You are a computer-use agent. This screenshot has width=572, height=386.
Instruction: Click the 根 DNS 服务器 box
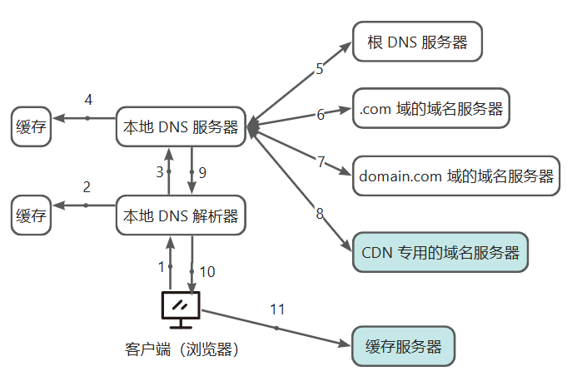pyautogui.click(x=418, y=42)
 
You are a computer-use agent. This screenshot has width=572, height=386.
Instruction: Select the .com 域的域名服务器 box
pyautogui.click(x=430, y=108)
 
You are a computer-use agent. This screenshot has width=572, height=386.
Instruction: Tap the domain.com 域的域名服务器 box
pyautogui.click(x=456, y=176)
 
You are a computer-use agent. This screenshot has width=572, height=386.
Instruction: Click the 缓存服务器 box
pyautogui.click(x=404, y=346)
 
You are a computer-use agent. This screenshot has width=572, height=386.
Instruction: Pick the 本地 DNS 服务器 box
pyautogui.click(x=181, y=127)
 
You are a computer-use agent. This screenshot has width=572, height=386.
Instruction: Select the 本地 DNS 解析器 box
pyautogui.click(x=181, y=216)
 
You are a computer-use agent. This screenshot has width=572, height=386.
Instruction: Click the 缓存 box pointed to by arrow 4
pyautogui.click(x=31, y=127)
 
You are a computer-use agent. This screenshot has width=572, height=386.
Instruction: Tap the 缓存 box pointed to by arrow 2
pyautogui.click(x=31, y=216)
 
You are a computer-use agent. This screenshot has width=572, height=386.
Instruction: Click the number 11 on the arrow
pyautogui.click(x=277, y=309)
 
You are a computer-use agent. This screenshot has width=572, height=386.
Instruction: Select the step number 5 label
pyautogui.click(x=319, y=69)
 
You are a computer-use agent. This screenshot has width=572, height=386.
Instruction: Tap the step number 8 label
pyautogui.click(x=319, y=214)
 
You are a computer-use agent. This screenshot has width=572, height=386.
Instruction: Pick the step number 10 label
pyautogui.click(x=207, y=271)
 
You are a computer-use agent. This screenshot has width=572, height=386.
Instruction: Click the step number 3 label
pyautogui.click(x=160, y=172)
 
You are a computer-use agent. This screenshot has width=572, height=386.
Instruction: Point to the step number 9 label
pyautogui.click(x=201, y=172)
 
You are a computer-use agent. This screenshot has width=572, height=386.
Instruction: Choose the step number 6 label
pyautogui.click(x=321, y=114)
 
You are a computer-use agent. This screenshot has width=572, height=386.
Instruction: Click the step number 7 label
pyautogui.click(x=321, y=161)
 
